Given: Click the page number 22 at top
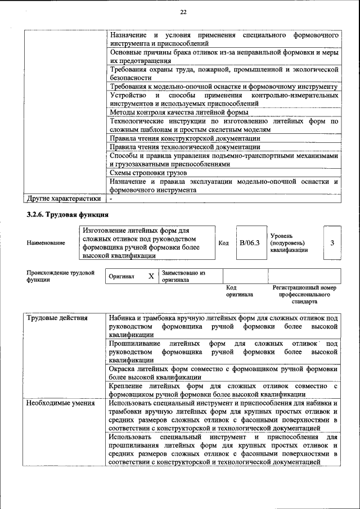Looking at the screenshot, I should (183, 12).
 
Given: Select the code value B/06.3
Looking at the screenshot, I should (249, 243).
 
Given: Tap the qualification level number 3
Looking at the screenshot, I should (332, 243).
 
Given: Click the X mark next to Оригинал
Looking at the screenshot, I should (151, 277).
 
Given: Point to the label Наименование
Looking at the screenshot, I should (46, 243).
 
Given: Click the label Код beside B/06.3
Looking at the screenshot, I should (223, 243).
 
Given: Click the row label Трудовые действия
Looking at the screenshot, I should (57, 318).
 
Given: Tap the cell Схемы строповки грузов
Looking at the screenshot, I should (147, 173).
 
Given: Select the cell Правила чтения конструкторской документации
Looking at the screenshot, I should (184, 138).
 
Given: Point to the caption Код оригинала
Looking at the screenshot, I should (239, 291).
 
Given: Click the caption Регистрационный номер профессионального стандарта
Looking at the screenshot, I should (304, 294).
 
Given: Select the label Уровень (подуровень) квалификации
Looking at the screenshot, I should (289, 243).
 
